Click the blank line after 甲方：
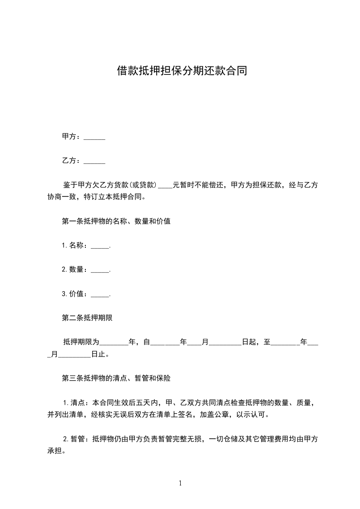pyautogui.click(x=94, y=137)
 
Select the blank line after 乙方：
pyautogui.click(x=94, y=161)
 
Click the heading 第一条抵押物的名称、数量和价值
pyautogui.click(x=116, y=221)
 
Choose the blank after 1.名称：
pyautogui.click(x=100, y=245)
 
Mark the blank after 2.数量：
pyautogui.click(x=100, y=269)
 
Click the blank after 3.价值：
pyautogui.click(x=100, y=294)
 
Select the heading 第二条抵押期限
pyautogui.click(x=87, y=318)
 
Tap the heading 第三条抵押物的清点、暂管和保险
pyautogui.click(x=116, y=377)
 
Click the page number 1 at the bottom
pyautogui.click(x=180, y=483)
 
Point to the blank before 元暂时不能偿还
pyautogui.click(x=165, y=185)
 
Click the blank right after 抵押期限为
pyautogui.click(x=113, y=342)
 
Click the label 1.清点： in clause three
pyautogui.click(x=78, y=402)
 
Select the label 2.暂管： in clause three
pyautogui.click(x=78, y=439)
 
